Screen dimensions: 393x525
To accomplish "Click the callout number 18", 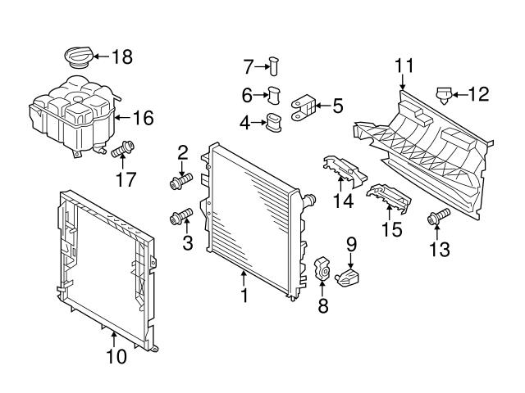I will coord(121,56).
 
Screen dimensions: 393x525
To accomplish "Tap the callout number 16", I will coord(143,119).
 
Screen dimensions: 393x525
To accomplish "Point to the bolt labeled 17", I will coord(124,151).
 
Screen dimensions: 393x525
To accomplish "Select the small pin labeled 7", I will coord(276,64).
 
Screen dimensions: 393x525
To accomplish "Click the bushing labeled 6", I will coord(276,95).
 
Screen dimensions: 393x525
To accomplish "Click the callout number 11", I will coord(404,65).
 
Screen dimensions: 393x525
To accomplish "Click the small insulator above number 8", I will coord(322,267).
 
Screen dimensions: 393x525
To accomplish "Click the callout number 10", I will coord(116,356).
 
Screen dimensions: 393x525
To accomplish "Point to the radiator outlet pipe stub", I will coord(309,198).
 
